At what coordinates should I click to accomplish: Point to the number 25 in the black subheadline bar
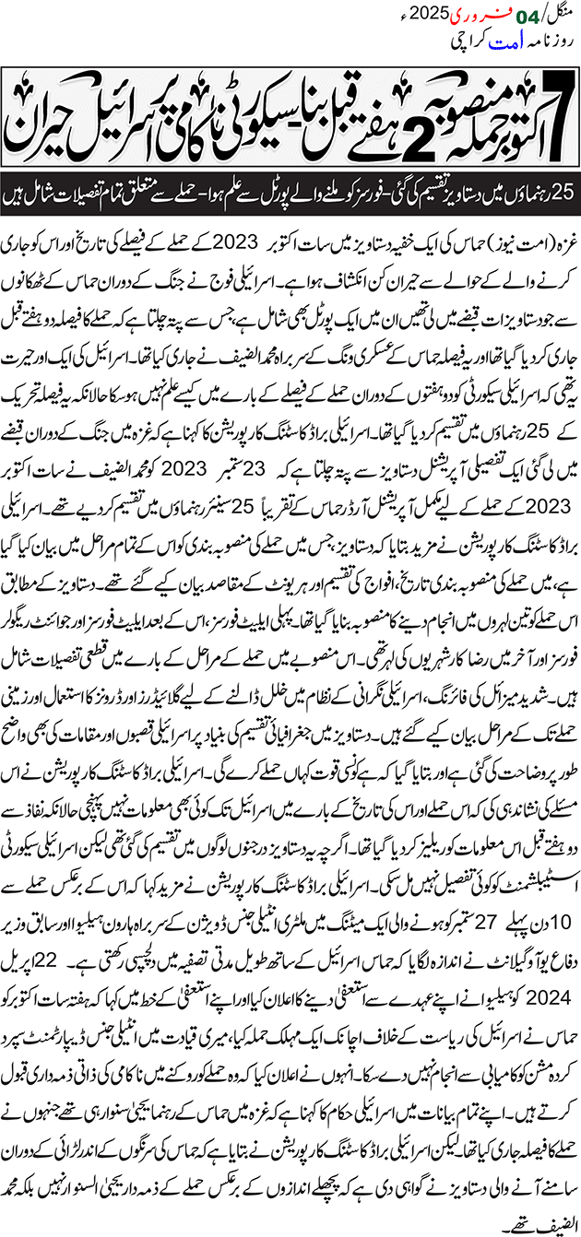coord(562,195)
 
